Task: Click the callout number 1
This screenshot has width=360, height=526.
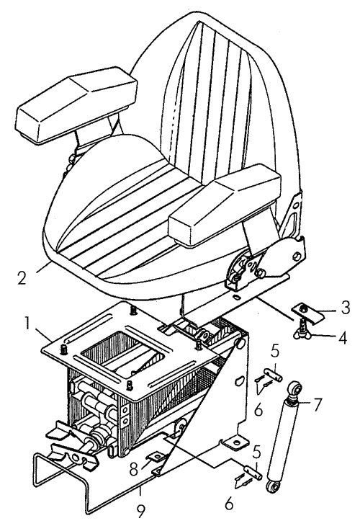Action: pyautogui.click(x=28, y=324)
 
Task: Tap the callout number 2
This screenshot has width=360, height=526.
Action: pyautogui.click(x=22, y=277)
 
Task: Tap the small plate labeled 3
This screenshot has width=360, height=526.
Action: pyautogui.click(x=307, y=312)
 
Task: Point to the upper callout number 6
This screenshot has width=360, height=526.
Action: pyautogui.click(x=258, y=409)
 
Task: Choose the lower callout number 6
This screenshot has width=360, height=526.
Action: pyautogui.click(x=229, y=504)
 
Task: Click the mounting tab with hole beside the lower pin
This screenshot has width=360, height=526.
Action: pyautogui.click(x=235, y=442)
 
